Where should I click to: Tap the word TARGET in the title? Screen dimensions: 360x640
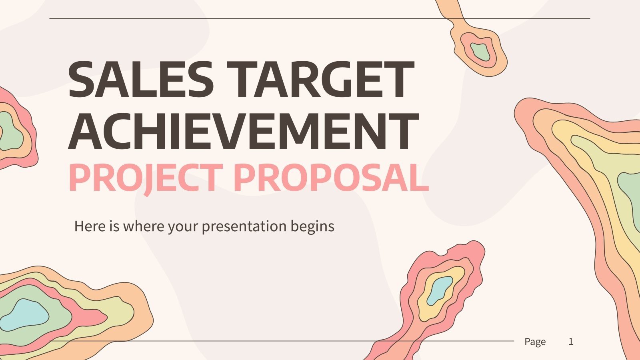pos(322,80)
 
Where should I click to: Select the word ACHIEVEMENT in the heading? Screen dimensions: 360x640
pos(243,130)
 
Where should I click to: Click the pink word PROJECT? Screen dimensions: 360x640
pos(145,178)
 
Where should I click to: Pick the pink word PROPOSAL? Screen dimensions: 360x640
pos(334,178)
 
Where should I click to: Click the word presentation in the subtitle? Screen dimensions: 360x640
pos(244,226)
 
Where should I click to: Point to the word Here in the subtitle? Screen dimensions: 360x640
pos(90,226)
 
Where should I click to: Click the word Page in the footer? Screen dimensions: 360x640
pos(535,342)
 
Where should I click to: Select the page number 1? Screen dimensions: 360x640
pos(571,342)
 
